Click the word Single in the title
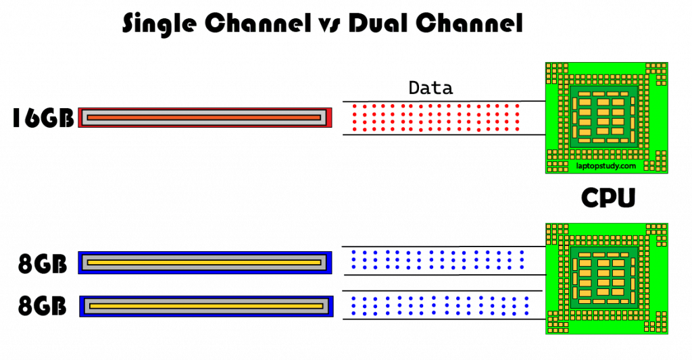(159, 24)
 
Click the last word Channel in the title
(469, 23)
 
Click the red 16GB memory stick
(205, 118)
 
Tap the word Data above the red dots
(430, 88)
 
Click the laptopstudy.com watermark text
(606, 166)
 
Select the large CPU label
(608, 198)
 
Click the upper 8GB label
(43, 264)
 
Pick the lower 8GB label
(43, 306)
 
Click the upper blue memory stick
(205, 263)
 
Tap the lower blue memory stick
(207, 306)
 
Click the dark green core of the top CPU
(604, 117)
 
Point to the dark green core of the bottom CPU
(604, 278)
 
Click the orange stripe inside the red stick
(204, 118)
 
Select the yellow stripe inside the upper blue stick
(204, 263)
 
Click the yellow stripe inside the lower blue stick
(206, 306)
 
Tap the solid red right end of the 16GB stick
(329, 118)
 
